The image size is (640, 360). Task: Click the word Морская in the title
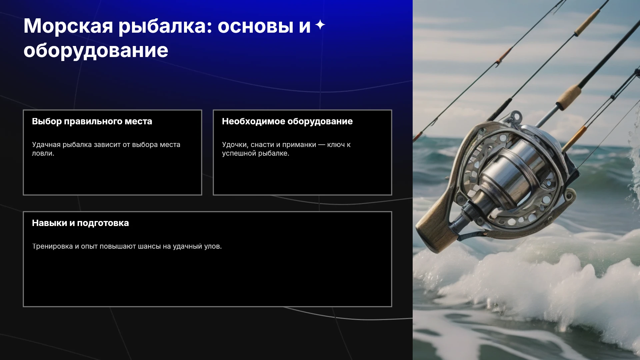tap(68, 26)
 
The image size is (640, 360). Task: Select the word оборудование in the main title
tap(96, 51)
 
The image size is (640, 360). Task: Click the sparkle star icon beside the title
tap(320, 25)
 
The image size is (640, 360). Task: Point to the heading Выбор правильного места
tap(92, 121)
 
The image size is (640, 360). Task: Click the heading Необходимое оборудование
tap(287, 121)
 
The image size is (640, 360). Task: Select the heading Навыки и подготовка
tap(80, 223)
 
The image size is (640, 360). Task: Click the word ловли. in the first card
tap(43, 153)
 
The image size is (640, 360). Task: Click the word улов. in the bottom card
tap(213, 246)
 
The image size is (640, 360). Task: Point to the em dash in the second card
tap(322, 145)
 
